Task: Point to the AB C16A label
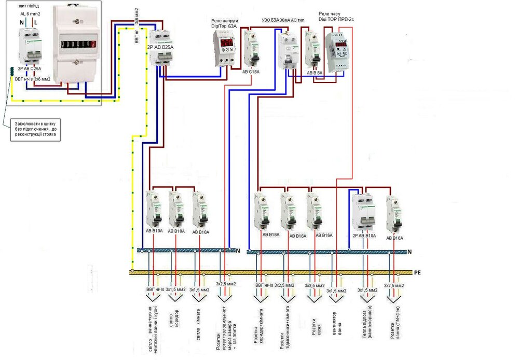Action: (250, 72)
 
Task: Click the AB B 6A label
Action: (314, 73)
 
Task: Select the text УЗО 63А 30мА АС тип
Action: (283, 20)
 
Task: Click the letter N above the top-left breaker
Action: (21, 22)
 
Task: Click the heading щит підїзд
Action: (29, 5)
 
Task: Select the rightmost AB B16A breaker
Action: (394, 214)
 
